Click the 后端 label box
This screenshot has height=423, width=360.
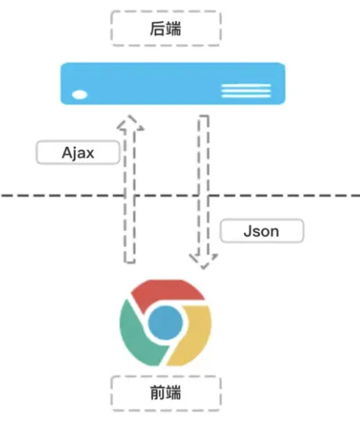click(x=165, y=28)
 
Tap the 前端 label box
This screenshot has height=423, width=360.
click(x=165, y=393)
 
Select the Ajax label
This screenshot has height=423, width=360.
click(x=78, y=152)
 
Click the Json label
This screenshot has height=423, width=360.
click(x=262, y=232)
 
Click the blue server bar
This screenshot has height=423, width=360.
click(x=173, y=84)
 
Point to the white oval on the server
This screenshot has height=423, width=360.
click(x=79, y=95)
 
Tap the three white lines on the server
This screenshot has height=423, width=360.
click(x=246, y=90)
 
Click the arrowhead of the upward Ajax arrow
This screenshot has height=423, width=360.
click(x=130, y=123)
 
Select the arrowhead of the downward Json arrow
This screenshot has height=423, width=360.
click(x=203, y=261)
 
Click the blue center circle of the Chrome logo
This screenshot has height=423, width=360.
click(x=165, y=323)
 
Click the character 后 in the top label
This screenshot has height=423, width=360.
click(x=158, y=28)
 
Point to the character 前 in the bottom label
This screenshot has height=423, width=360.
click(x=158, y=392)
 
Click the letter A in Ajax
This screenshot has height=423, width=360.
click(x=67, y=153)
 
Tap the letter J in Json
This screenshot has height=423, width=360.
click(x=248, y=232)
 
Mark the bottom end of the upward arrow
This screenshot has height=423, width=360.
click(x=129, y=262)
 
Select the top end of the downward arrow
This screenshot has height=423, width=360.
click(x=204, y=116)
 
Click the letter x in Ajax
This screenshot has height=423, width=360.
click(x=89, y=155)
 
